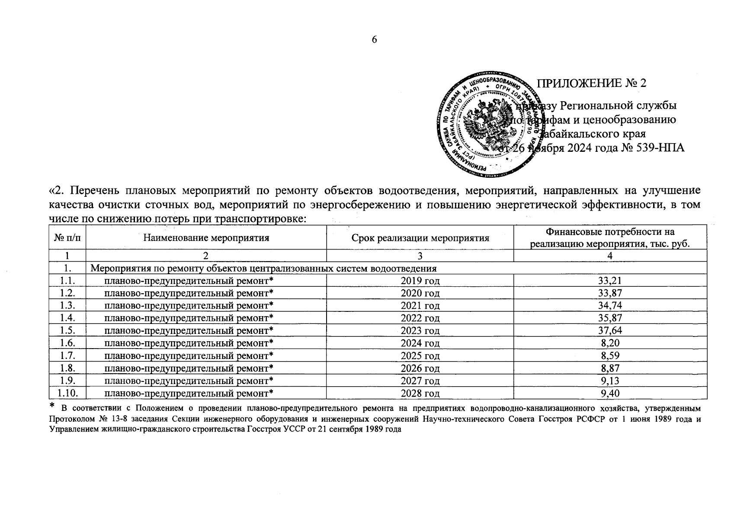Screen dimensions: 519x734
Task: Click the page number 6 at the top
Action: [x=375, y=40]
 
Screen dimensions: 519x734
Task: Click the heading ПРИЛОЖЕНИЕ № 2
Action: [x=591, y=83]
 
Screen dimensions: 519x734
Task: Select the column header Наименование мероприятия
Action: [x=206, y=237]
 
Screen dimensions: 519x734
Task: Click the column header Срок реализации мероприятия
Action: [x=420, y=238]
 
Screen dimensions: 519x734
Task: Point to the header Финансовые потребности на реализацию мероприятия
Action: [x=610, y=237]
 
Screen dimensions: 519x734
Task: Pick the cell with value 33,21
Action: [x=610, y=281]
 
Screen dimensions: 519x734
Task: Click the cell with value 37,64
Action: [x=610, y=330]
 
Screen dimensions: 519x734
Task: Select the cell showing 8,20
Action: [x=610, y=343]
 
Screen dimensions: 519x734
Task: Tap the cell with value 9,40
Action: [x=610, y=393]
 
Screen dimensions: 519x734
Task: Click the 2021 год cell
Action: [x=420, y=306]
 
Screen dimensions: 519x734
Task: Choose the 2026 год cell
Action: [x=420, y=368]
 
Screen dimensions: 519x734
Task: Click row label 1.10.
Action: [x=67, y=393]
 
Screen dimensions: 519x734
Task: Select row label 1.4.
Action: [x=67, y=318]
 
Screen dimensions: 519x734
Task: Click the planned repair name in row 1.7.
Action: [x=189, y=356]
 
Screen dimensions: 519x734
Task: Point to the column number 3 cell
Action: [x=420, y=256]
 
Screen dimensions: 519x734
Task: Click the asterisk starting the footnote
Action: [x=52, y=405]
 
